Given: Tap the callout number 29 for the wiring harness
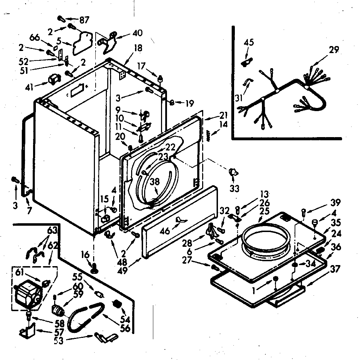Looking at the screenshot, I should click(334, 50).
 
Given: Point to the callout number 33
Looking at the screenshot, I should click(234, 188).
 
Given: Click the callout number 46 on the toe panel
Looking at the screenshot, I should click(165, 231).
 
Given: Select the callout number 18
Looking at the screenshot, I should click(138, 48).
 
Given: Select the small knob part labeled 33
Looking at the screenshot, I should click(233, 172).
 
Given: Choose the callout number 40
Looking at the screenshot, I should click(137, 33).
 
